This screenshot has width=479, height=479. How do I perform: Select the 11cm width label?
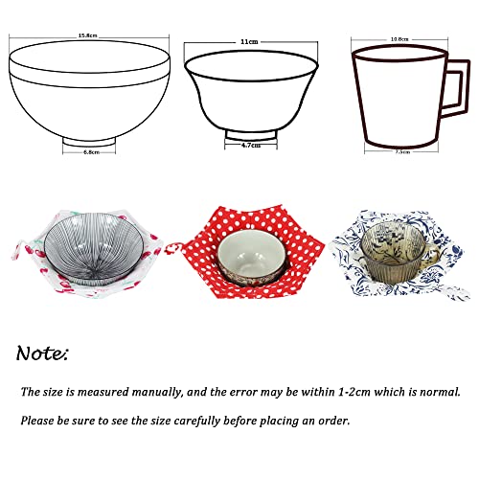[249, 42]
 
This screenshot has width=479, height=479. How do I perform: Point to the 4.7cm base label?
[250, 146]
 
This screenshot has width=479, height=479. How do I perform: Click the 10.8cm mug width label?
[399, 40]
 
